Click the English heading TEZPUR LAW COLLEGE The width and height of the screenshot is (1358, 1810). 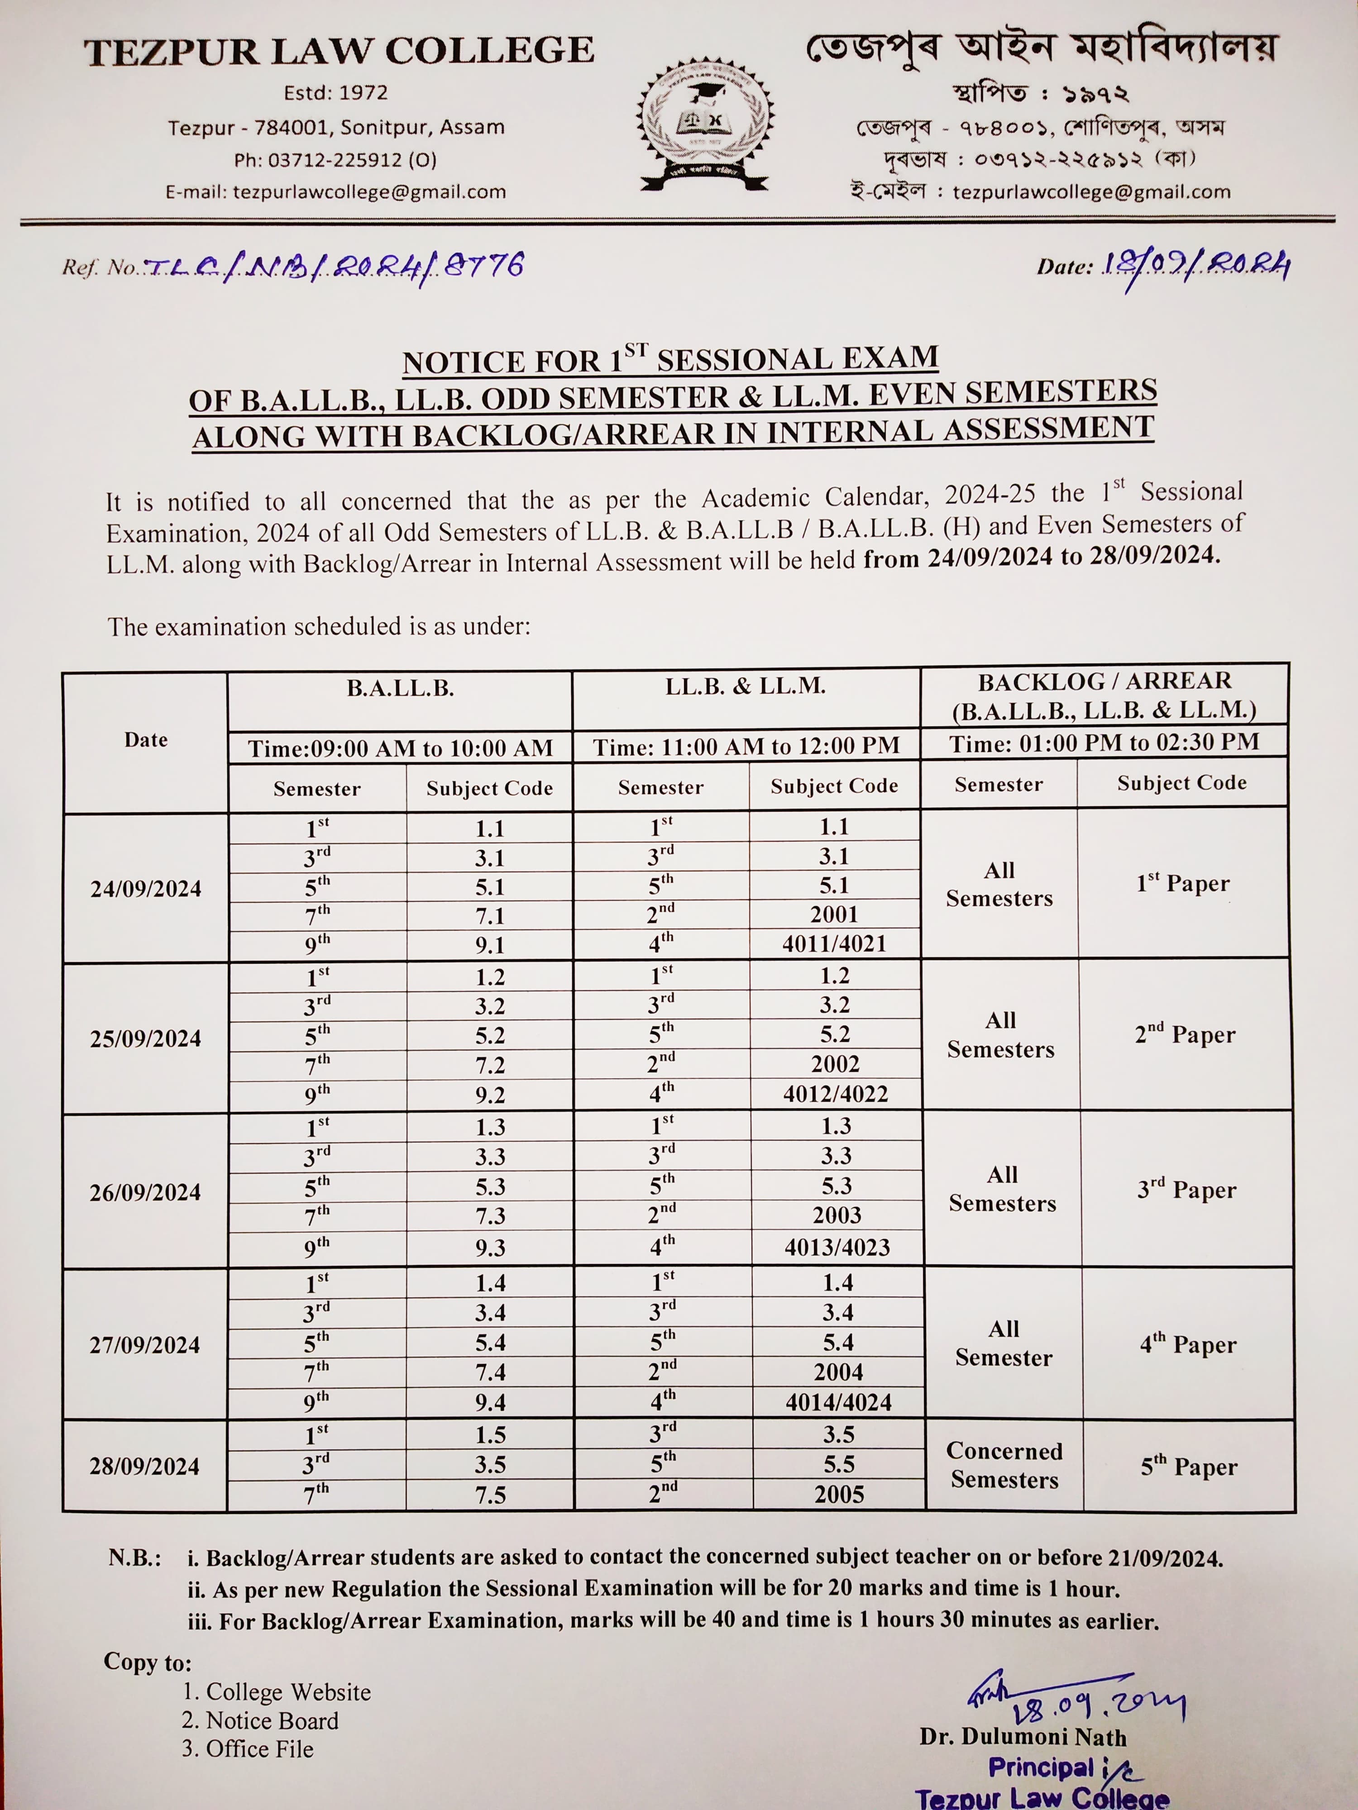tap(339, 51)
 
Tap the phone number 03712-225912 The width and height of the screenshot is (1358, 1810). tap(335, 160)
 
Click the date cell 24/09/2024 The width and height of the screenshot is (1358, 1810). tap(146, 889)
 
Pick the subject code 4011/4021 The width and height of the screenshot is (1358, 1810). tap(834, 943)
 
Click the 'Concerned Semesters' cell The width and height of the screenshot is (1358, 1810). tap(1004, 1465)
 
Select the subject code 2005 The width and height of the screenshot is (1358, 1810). tap(839, 1494)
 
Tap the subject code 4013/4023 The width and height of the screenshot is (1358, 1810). tap(837, 1247)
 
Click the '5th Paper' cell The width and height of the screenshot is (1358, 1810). tap(1189, 1467)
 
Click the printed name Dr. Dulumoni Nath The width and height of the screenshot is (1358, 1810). tap(1023, 1736)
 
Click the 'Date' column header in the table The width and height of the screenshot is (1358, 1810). tap(146, 740)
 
